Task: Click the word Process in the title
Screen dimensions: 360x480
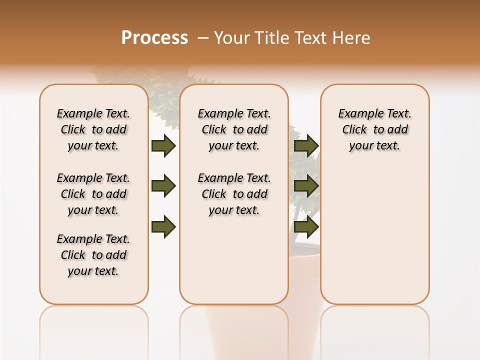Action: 154,37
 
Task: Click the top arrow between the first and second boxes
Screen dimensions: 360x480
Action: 163,145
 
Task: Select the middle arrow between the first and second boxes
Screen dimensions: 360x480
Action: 163,186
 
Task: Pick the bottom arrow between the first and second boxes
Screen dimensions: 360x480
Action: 163,227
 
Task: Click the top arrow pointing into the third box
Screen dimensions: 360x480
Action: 306,145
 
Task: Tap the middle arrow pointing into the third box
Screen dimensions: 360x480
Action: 306,186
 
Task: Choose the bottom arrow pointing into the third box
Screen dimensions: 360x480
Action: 306,227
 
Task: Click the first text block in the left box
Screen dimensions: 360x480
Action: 93,129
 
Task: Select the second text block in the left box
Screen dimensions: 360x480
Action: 93,194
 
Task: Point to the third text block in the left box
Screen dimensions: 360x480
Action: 93,255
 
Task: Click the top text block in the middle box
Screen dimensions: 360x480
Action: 234,129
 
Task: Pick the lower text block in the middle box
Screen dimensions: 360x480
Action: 234,194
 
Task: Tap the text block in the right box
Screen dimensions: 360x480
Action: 375,129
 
